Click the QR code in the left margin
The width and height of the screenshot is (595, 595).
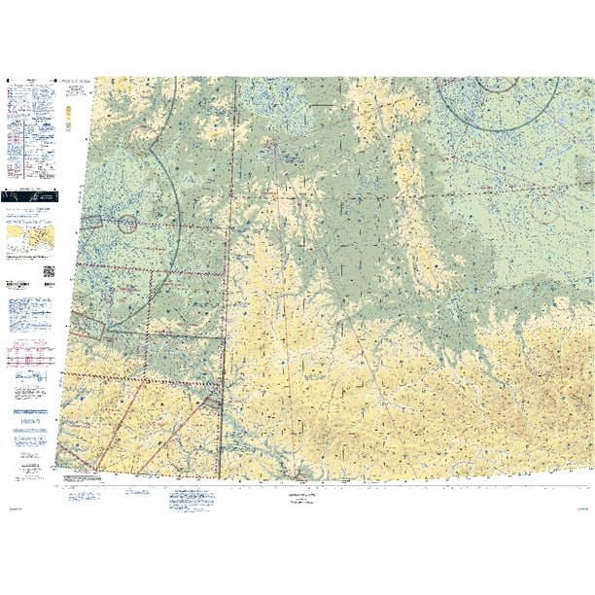(50, 271)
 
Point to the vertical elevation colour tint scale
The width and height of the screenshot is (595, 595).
(67, 117)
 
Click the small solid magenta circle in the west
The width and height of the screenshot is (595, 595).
(127, 225)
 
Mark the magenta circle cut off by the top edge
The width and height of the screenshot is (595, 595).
(497, 83)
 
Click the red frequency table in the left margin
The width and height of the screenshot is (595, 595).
(29, 359)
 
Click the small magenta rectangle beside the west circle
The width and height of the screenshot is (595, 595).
(91, 223)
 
